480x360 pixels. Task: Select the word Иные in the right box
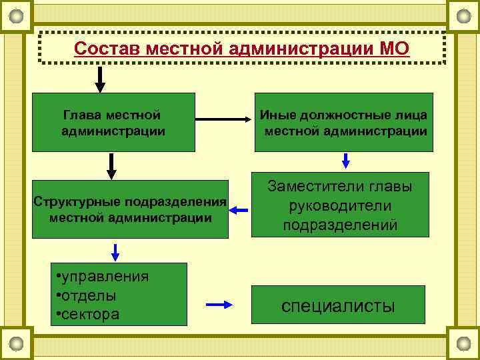(274, 115)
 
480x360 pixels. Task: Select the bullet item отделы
(91, 295)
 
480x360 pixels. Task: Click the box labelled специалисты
(338, 306)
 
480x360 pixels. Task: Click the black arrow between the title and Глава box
(100, 79)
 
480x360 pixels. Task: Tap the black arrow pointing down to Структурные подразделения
(111, 166)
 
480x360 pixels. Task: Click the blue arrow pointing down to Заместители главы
(346, 161)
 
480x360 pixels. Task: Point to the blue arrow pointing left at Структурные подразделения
(239, 211)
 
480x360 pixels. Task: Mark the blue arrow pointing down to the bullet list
(115, 252)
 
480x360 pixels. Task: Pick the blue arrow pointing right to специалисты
(219, 305)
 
